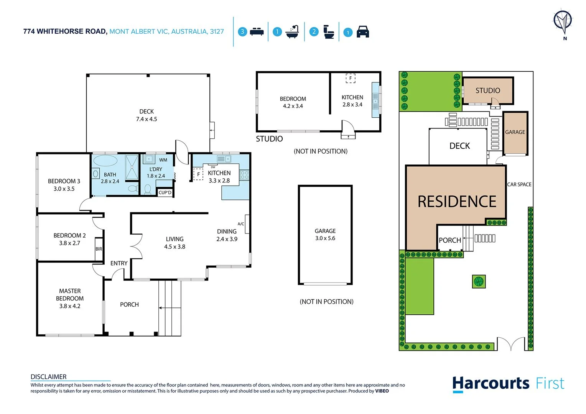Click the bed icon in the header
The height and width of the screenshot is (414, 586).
[x=257, y=32]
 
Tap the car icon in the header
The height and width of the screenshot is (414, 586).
[x=362, y=32]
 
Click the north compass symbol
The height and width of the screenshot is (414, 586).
[x=563, y=21]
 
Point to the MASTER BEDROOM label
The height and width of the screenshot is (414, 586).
[x=70, y=298]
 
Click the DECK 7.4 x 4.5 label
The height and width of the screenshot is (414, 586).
[x=146, y=115]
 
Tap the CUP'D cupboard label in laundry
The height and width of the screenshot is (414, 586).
[x=165, y=192]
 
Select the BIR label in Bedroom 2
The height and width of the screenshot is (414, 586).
[x=99, y=249]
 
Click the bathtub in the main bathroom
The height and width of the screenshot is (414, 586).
[x=105, y=160]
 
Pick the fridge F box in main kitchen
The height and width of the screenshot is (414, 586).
[x=198, y=174]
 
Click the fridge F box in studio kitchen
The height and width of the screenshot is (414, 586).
[x=350, y=78]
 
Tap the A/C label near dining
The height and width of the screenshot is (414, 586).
[x=241, y=224]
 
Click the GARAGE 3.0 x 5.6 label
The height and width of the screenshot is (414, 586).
[x=325, y=234]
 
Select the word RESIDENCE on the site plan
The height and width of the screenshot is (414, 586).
[x=457, y=202]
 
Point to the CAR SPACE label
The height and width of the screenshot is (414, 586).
[x=519, y=184]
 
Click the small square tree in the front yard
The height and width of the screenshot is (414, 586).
[x=479, y=281]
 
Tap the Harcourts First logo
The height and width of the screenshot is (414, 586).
[x=508, y=384]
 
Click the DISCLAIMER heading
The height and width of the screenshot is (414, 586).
[x=48, y=377]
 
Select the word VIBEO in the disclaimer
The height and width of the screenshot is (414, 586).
[x=382, y=391]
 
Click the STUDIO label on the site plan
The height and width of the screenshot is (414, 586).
[x=488, y=90]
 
